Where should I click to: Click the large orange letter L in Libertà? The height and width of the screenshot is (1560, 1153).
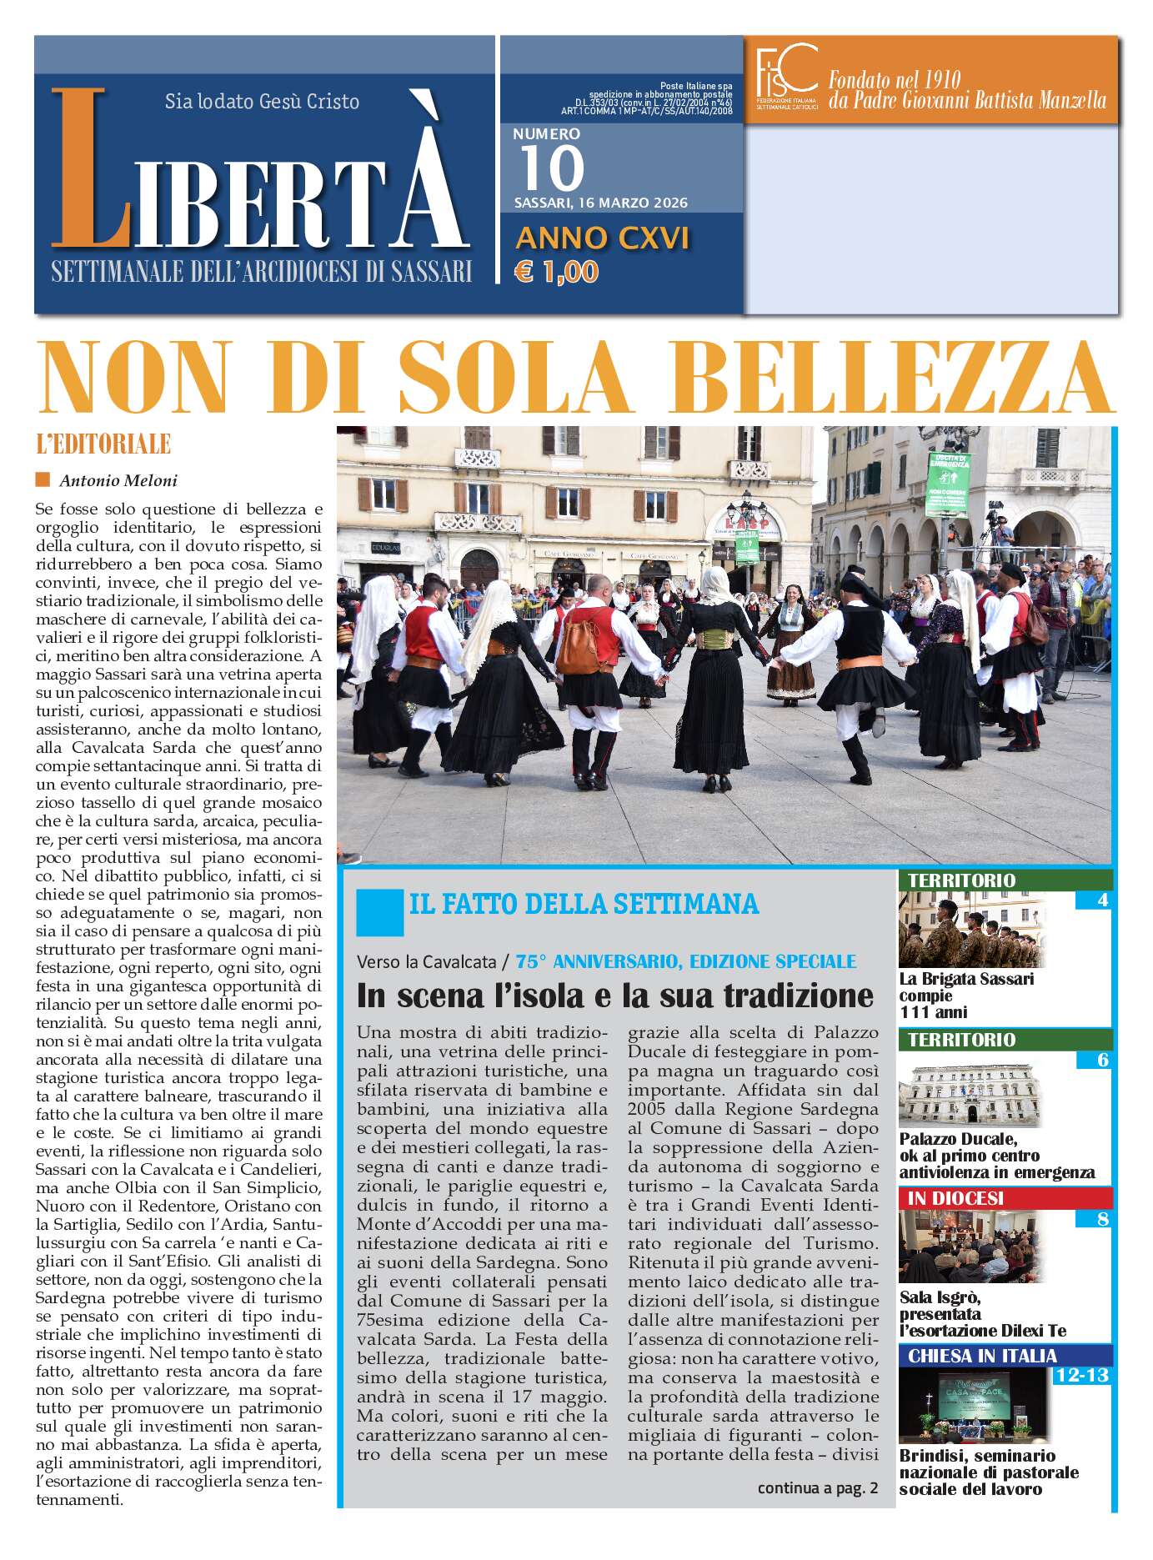90,171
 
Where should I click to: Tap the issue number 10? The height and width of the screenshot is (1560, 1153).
551,168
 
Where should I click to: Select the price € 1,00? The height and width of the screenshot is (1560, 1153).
557,272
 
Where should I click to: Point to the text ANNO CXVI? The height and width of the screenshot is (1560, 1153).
602,238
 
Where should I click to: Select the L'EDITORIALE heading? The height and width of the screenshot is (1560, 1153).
103,444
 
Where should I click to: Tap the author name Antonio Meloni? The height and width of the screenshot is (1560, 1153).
118,480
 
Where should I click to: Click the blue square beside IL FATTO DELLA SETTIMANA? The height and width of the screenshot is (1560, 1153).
379,911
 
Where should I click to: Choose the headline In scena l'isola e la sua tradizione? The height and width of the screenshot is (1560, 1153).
614,995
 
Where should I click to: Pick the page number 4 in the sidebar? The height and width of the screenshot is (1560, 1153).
1102,900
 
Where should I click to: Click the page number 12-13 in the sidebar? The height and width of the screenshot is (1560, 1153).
1081,1375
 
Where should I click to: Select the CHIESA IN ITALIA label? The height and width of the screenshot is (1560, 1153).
982,1356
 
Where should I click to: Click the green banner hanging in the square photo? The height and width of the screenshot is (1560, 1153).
949,485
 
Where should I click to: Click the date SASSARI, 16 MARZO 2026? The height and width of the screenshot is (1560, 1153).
600,203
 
